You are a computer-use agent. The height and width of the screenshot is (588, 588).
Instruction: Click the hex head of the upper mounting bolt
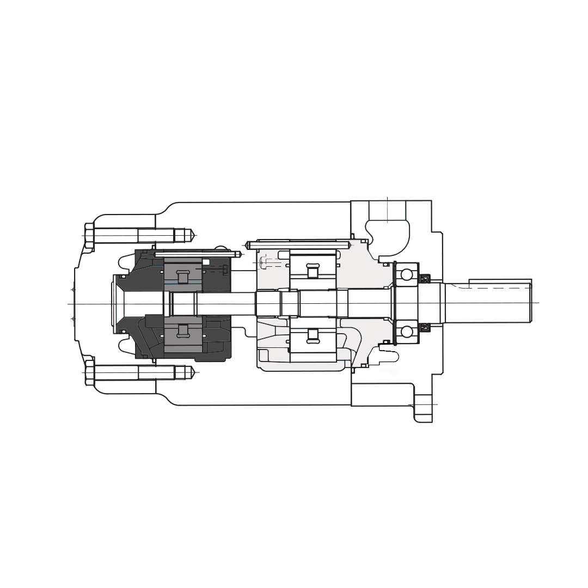point(89,235)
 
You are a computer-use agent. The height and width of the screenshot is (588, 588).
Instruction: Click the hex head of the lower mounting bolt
point(89,372)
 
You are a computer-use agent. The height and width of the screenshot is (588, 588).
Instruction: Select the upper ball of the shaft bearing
point(406,274)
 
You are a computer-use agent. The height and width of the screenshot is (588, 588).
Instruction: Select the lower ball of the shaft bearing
point(406,331)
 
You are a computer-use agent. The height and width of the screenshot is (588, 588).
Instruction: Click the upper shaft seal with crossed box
point(425,279)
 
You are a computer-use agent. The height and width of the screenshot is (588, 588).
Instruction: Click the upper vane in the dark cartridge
point(182,277)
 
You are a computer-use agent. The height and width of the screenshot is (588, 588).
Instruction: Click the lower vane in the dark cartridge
point(182,330)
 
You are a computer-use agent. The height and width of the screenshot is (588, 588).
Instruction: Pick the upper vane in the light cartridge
point(312,271)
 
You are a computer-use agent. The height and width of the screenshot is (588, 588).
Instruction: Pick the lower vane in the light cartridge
point(312,335)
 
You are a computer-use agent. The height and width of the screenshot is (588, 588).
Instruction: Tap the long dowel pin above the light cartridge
point(297,244)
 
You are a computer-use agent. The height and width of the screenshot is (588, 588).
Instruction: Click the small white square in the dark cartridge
point(206,262)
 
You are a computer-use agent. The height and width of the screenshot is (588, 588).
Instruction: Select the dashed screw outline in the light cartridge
point(270,264)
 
